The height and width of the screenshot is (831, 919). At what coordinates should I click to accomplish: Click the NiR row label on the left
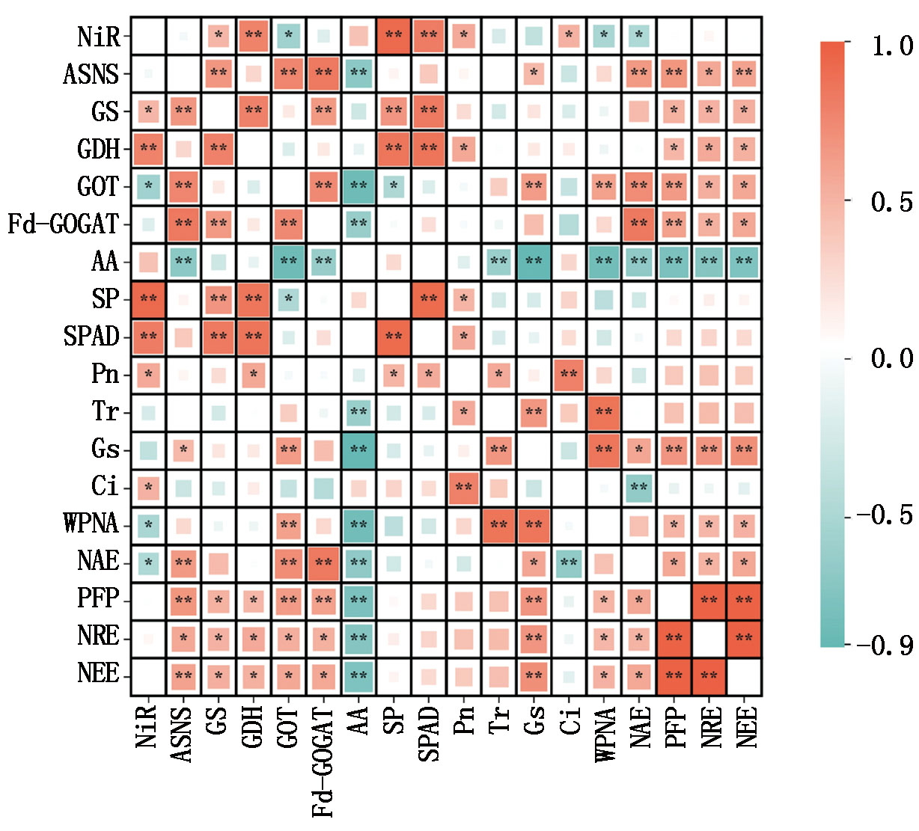pyautogui.click(x=98, y=36)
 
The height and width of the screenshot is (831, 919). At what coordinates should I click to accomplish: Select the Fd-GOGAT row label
pyautogui.click(x=64, y=224)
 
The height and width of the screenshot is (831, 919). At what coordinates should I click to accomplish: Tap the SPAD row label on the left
pyautogui.click(x=91, y=337)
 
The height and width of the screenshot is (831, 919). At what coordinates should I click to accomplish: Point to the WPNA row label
pyautogui.click(x=91, y=524)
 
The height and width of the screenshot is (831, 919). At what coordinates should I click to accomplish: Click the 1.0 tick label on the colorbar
pyautogui.click(x=892, y=46)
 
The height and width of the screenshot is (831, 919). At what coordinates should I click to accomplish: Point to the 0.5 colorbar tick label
pyautogui.click(x=892, y=202)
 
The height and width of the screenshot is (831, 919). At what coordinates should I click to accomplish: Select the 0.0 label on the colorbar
pyautogui.click(x=892, y=358)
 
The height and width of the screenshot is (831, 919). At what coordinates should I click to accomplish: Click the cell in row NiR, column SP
pyautogui.click(x=394, y=36)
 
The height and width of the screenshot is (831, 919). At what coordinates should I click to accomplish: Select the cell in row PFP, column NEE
pyautogui.click(x=745, y=601)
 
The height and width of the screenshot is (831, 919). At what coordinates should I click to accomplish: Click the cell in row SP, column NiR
pyautogui.click(x=147, y=299)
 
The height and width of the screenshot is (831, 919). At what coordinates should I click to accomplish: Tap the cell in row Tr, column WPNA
pyautogui.click(x=604, y=413)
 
